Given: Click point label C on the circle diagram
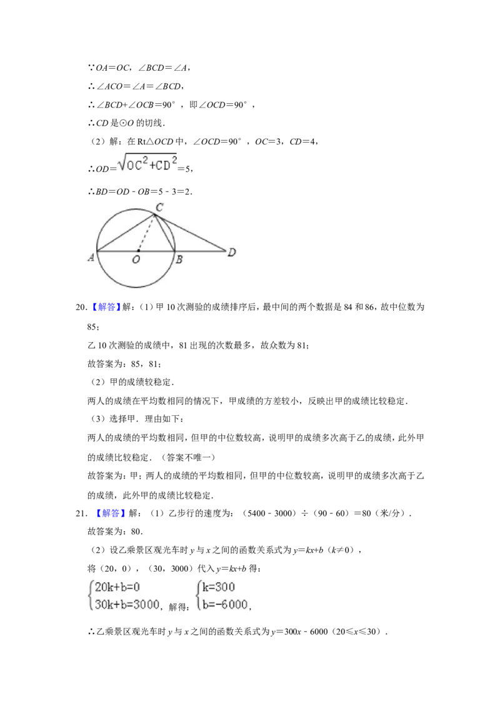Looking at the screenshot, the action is pyautogui.click(x=159, y=207).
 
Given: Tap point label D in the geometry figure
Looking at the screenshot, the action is pyautogui.click(x=231, y=252).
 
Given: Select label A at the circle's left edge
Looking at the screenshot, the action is pyautogui.click(x=91, y=258).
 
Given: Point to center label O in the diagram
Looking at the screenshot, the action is pyautogui.click(x=136, y=259).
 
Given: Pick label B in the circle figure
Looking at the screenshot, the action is pyautogui.click(x=179, y=260).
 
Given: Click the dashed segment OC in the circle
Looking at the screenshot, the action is pyautogui.click(x=146, y=233).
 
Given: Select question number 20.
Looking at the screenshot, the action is pyautogui.click(x=81, y=307).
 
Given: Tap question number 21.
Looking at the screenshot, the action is pyautogui.click(x=81, y=513).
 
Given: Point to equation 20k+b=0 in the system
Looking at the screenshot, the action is pyautogui.click(x=117, y=587).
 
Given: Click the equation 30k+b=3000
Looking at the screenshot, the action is pyautogui.click(x=127, y=605).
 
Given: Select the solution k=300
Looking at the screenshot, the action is pyautogui.click(x=218, y=587).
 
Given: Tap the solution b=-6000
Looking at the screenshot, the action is pyautogui.click(x=225, y=605).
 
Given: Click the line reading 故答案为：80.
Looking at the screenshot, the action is pyautogui.click(x=115, y=532).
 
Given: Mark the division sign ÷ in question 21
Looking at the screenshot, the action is pyautogui.click(x=304, y=513).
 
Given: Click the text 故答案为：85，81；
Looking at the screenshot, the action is pyautogui.click(x=124, y=364).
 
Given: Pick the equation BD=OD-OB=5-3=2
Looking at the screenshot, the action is pyautogui.click(x=144, y=191).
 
